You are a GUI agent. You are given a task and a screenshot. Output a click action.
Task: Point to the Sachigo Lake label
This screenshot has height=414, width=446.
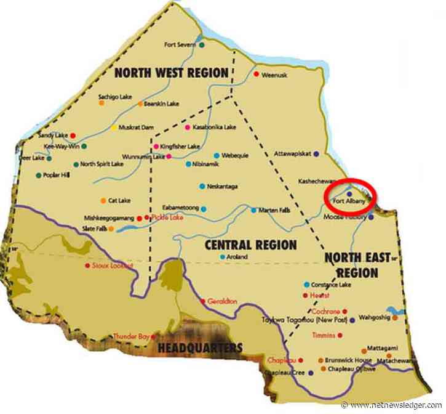(x=114, y=97)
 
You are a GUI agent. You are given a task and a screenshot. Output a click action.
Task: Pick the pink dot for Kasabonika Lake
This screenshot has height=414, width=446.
(x=187, y=127)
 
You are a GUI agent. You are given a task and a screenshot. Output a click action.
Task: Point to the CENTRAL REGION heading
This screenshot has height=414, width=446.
(x=242, y=244)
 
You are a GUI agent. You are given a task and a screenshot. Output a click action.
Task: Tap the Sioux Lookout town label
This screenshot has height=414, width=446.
(x=108, y=266)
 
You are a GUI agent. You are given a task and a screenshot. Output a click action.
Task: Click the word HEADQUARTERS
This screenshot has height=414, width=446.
(x=199, y=348)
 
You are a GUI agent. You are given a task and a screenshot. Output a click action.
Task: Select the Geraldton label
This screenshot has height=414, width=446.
(x=222, y=301)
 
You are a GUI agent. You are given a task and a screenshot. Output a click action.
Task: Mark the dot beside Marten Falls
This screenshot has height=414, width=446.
(x=253, y=210)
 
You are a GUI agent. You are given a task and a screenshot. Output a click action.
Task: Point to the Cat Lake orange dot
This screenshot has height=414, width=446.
(x=103, y=200)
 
